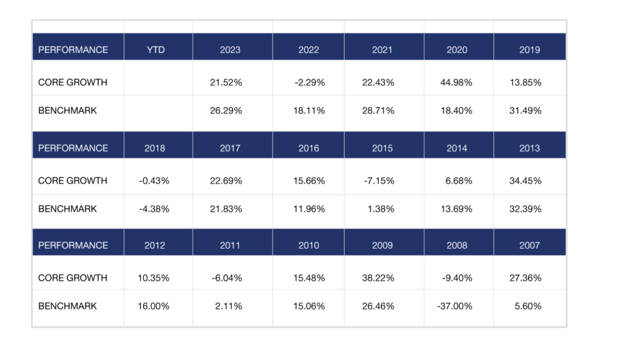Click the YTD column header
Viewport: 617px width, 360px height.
point(155,49)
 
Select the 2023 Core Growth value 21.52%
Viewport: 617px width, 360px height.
point(226,83)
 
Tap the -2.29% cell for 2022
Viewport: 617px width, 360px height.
point(310,83)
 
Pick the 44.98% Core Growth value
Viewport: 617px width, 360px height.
point(457,83)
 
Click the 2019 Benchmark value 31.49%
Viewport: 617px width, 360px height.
point(525,110)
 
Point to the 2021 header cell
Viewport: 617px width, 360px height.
point(382,49)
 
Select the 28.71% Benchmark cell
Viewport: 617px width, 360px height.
point(378,110)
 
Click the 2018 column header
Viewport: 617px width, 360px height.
point(155,148)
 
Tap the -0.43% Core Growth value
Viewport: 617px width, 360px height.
point(154,181)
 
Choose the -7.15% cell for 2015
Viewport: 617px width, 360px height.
point(379,181)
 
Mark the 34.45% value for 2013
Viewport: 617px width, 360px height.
point(525,181)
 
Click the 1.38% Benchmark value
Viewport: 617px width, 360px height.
point(381,209)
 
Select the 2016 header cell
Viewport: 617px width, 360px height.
point(308,148)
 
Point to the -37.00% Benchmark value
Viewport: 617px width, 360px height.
point(454,306)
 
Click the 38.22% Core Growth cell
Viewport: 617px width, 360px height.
point(378,278)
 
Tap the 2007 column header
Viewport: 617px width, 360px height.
point(530,245)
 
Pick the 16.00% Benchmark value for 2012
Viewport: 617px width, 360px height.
point(154,306)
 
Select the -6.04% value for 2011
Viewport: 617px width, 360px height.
point(227,278)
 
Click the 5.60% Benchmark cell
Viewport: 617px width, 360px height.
point(528,306)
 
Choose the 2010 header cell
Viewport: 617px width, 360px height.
point(308,245)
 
